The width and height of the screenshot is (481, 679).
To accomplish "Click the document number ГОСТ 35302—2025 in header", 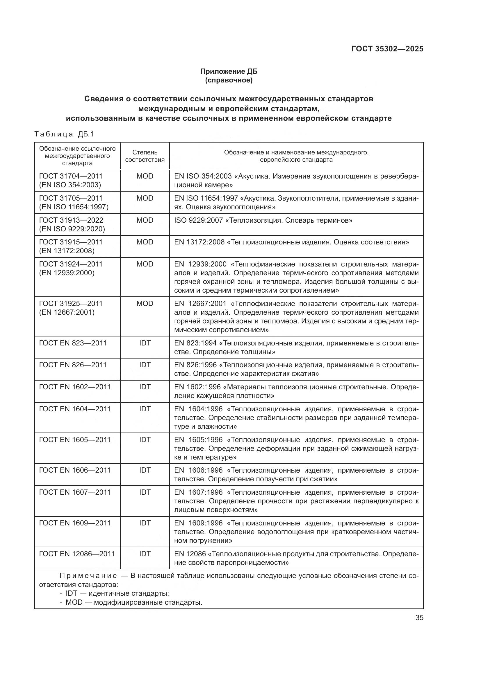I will point(387,49).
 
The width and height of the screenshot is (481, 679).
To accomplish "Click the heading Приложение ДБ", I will point(229,71).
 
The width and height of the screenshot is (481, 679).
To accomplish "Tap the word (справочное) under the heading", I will point(229,80).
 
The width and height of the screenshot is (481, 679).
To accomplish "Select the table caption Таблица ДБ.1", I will point(64,134).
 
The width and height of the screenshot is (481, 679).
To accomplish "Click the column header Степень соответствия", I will point(145,156).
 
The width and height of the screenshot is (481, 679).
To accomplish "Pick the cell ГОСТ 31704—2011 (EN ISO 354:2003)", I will point(71,180).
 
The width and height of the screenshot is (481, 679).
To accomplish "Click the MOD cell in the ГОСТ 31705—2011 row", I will point(145,198).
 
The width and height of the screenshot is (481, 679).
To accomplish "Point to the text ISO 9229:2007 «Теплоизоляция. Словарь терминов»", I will point(263,220).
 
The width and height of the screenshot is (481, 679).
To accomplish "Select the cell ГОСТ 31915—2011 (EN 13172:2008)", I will point(71,246).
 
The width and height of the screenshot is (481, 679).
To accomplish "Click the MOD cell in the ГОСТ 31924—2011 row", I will point(145,264).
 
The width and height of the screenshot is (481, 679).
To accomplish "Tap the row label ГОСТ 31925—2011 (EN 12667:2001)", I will point(71,308).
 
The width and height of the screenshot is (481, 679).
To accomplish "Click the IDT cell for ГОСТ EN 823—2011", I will point(145,343).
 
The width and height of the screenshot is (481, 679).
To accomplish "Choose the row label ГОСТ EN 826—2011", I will point(73,365).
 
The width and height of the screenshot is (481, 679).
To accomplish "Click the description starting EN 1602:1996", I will point(296,391).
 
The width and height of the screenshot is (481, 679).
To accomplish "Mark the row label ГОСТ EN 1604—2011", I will point(75,409).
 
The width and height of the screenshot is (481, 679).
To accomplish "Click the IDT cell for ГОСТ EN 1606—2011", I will point(145,470).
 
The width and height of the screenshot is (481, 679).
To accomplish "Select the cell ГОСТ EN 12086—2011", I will point(77,554).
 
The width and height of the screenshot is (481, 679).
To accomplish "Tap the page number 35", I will point(419,618).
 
